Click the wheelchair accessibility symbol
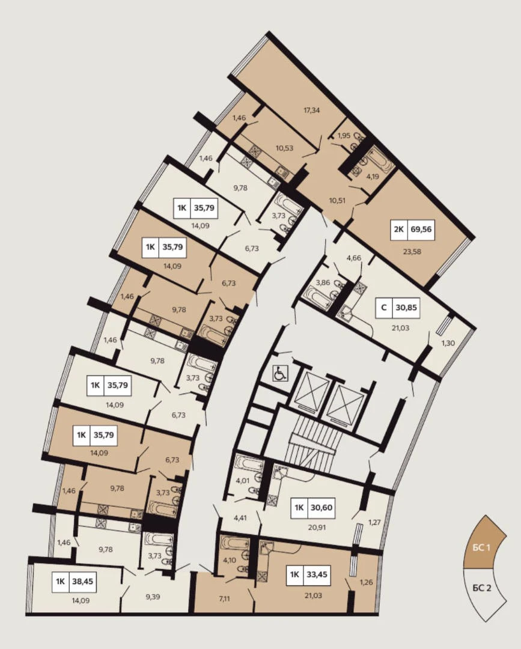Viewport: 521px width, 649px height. click(x=280, y=374)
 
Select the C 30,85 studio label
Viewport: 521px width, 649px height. click(x=398, y=308)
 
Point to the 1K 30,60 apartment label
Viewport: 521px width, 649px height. click(x=313, y=507)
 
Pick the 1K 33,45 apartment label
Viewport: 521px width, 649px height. click(x=308, y=574)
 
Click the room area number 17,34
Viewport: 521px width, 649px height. click(x=312, y=110)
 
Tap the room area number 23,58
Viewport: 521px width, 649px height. click(x=412, y=251)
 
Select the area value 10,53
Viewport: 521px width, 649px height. click(x=285, y=148)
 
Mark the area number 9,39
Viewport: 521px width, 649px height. click(x=153, y=597)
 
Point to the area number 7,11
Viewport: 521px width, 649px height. click(x=224, y=598)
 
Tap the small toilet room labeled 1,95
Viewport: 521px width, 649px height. click(x=344, y=135)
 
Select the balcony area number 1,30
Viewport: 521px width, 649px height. click(x=448, y=343)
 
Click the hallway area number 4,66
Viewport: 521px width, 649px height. click(x=354, y=258)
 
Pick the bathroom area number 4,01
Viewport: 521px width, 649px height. click(x=243, y=481)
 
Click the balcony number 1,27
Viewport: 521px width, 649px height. click(x=374, y=522)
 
